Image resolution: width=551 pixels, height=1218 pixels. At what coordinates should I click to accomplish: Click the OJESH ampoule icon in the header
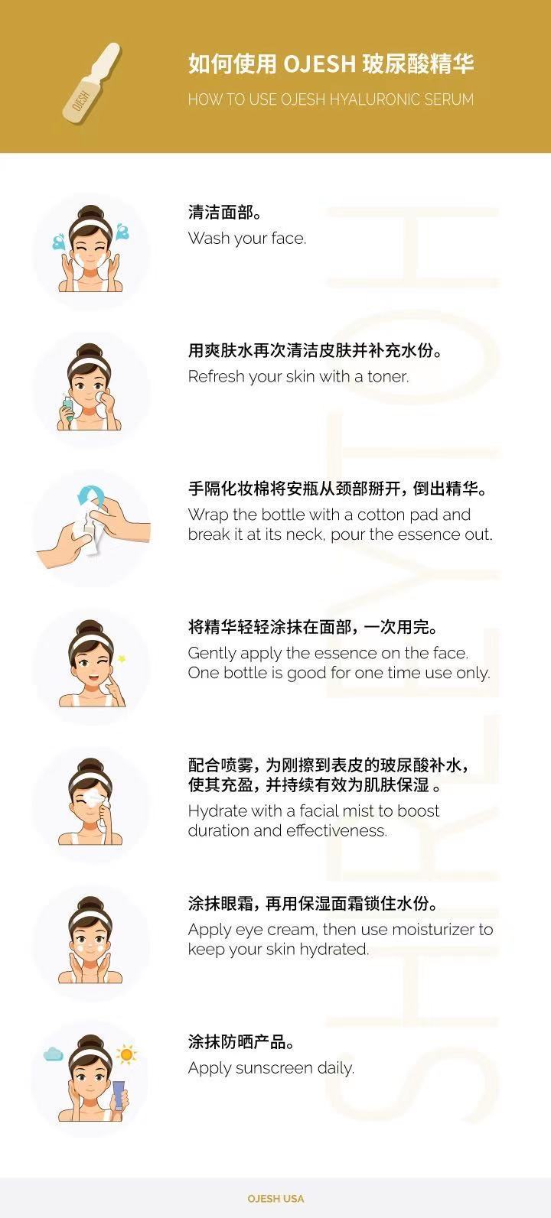92,83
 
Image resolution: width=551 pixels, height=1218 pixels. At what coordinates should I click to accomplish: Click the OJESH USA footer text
275,1198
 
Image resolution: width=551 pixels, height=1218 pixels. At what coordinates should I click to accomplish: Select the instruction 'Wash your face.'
247,239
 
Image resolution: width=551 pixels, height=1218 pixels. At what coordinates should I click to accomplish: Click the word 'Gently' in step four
212,654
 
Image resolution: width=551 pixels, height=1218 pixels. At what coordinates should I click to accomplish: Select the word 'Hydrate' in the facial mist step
217,811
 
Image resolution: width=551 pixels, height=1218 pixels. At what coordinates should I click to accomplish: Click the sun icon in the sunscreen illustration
126,1054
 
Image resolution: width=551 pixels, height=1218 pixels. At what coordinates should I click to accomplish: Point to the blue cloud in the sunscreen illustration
54,1054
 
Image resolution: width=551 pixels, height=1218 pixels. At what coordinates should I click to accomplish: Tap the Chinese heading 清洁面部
221,212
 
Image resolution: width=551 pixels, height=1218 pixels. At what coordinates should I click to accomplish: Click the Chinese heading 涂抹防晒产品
237,1041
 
